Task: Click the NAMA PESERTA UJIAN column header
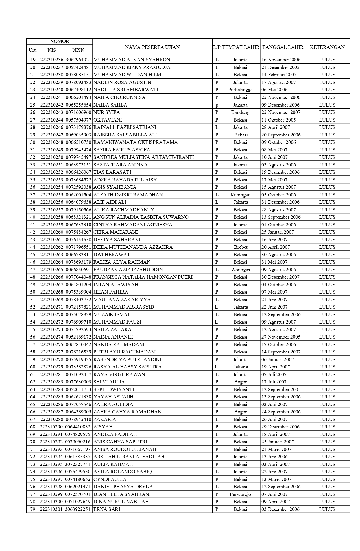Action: pos(152,47)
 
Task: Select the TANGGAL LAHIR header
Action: pos(283,47)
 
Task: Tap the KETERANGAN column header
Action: pos(327,47)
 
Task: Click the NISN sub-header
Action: pos(78,50)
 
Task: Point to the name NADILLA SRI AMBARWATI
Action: pos(126,90)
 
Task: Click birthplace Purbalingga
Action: pos(240,90)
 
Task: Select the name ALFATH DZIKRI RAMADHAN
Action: pos(128,195)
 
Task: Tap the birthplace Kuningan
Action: pos(240,195)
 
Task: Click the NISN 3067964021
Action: pos(78,60)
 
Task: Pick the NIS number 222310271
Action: pos(52,307)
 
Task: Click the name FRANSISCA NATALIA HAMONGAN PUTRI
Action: pos(143,277)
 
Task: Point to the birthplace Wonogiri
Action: pos(240,270)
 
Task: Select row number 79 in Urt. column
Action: pos(33,509)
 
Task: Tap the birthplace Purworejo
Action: pos(240,494)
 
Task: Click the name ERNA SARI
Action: pos(107,509)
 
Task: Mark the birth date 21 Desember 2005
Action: pos(280,67)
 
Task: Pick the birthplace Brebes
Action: pos(241,247)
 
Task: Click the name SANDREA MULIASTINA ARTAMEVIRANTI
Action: pos(143,157)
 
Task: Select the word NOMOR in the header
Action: pos(59,41)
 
